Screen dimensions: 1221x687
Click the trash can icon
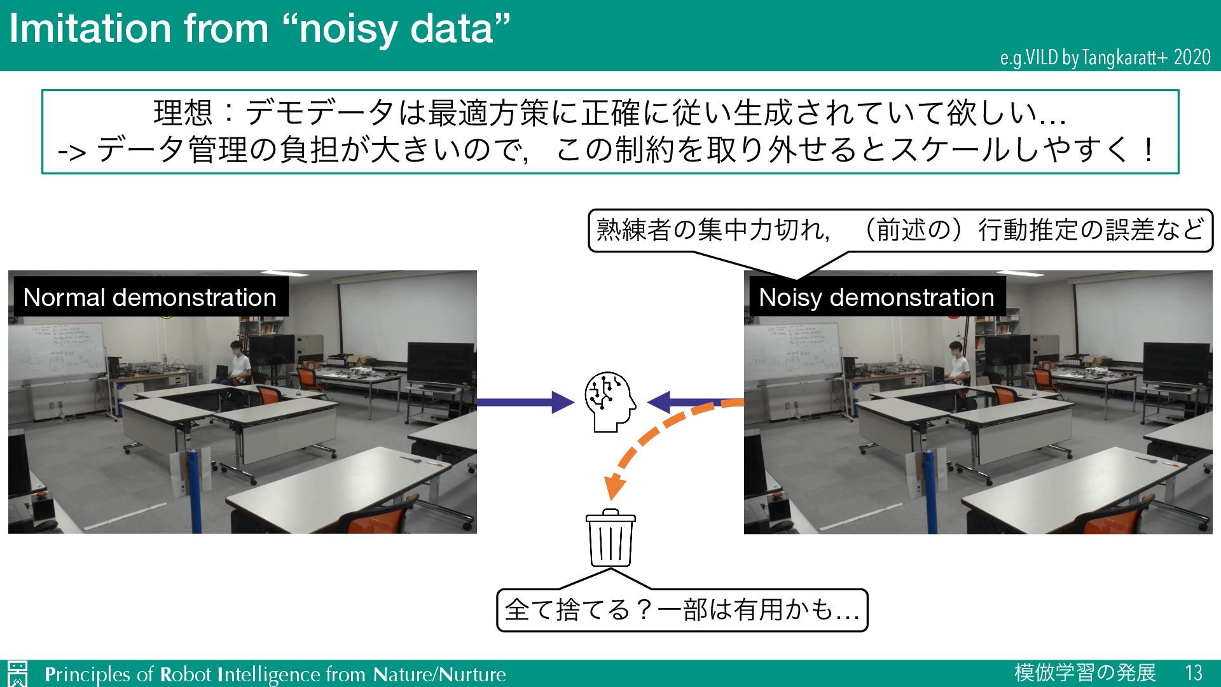click(x=610, y=538)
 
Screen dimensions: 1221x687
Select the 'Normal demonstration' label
click(x=149, y=297)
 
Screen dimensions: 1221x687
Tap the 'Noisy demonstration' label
click(x=876, y=297)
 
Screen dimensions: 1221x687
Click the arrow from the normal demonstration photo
click(x=525, y=402)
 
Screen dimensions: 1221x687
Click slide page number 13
click(x=1194, y=673)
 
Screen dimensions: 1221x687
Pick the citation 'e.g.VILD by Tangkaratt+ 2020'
click(x=1105, y=58)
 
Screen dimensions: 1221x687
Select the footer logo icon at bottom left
click(x=18, y=674)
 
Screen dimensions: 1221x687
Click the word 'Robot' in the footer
click(x=185, y=674)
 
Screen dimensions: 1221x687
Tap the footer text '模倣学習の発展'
click(x=1085, y=673)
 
